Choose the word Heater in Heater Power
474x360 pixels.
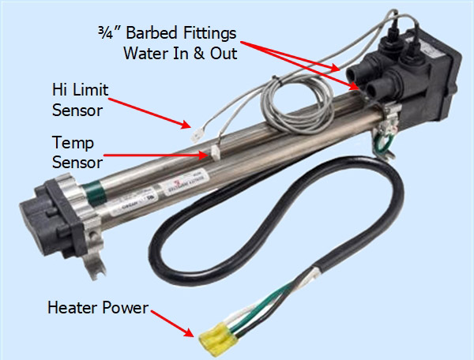pyautogui.click(x=70, y=306)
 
